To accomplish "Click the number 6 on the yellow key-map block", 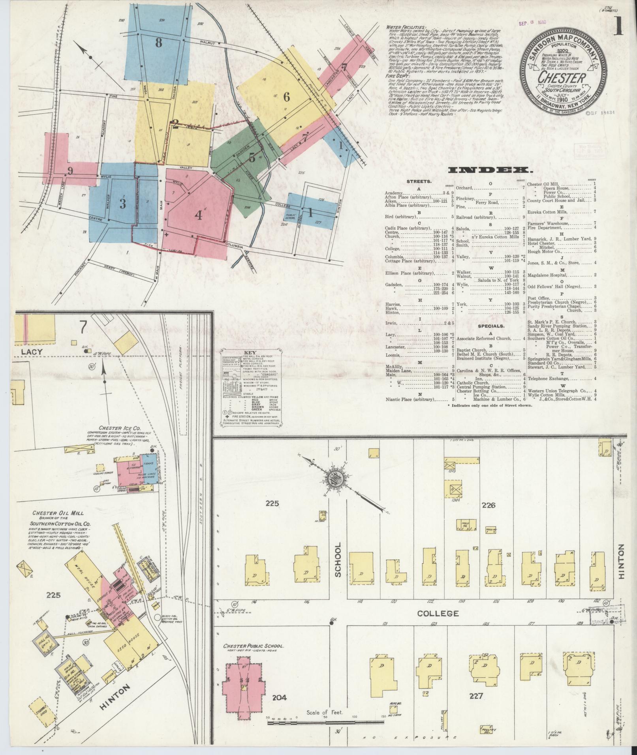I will (x=286, y=96).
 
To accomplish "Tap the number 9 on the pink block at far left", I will (x=70, y=171).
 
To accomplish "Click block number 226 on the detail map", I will (x=488, y=505).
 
